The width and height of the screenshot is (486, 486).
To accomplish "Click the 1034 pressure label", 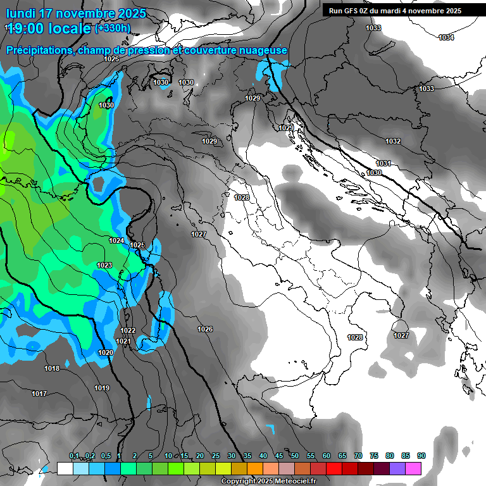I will (446, 38).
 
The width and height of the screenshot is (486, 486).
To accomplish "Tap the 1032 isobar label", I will (393, 141).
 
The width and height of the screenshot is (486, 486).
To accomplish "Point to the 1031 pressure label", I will (383, 163).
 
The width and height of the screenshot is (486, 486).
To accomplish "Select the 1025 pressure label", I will (137, 245).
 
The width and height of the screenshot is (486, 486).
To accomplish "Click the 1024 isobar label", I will (116, 240).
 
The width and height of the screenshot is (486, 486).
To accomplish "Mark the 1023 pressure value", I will (104, 265).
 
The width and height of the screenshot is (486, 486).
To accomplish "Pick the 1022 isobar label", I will (128, 330).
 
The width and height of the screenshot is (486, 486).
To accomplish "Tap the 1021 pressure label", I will (123, 341).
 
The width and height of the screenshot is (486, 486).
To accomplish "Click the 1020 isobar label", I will (106, 352).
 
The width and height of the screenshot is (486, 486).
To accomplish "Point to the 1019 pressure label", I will (102, 388).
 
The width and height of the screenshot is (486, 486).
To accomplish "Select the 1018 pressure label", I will (52, 368).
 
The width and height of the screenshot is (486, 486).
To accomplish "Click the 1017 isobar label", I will (39, 394).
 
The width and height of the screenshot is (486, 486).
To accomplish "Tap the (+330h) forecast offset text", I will (113, 28).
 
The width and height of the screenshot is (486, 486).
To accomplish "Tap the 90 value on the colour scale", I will (421, 456).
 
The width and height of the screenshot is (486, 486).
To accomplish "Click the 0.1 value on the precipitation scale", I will (74, 456).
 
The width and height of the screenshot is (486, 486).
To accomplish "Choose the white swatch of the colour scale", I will (65, 468).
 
